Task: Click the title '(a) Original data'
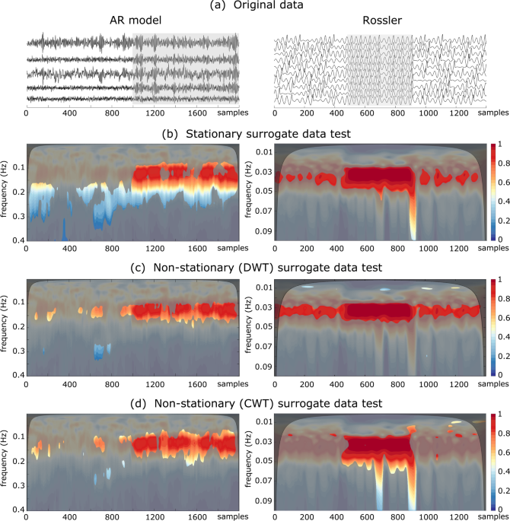(x=254, y=7)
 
